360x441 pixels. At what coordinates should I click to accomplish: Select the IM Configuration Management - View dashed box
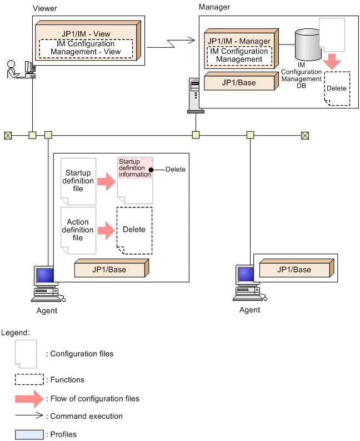pos(86,48)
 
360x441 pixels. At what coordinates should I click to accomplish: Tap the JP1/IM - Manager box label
pos(238,41)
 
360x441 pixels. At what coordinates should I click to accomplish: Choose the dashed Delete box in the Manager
pos(337,88)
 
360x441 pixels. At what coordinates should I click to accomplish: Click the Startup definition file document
pos(78,181)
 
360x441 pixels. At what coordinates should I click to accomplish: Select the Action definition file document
pos(78,230)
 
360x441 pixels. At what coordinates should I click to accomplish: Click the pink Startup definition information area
pos(134,168)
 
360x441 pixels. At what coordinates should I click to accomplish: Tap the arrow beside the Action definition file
pos(106,230)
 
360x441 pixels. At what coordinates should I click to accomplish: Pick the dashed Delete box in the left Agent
pos(134,230)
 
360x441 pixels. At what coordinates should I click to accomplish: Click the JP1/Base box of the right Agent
pos(295,270)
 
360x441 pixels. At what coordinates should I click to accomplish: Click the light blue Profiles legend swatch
pos(29,434)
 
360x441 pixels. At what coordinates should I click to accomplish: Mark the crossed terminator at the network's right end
pos(304,135)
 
